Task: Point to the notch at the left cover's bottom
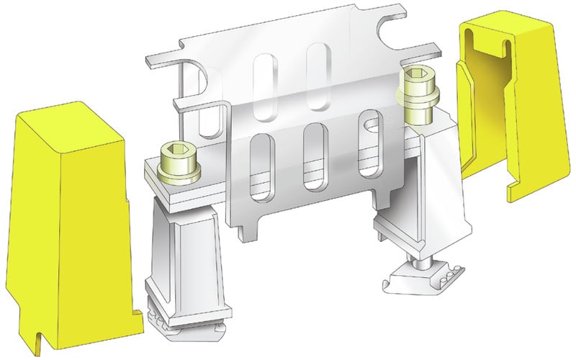coord(35,336)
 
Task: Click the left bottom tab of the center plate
coord(246,230)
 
